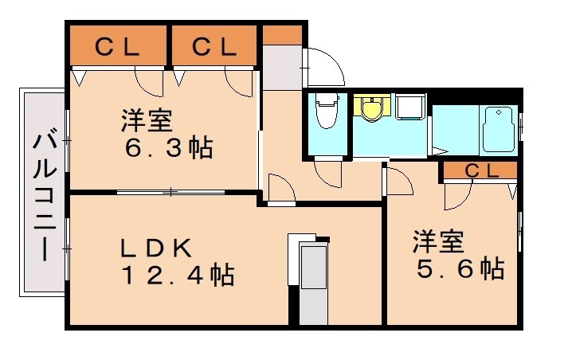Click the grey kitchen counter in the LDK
click(312, 283)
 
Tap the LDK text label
click(155, 248)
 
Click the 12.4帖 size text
click(177, 276)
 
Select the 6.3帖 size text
click(168, 148)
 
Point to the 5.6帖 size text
click(461, 269)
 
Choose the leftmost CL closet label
click(117, 47)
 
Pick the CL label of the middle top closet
click(214, 47)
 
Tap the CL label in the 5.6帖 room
click(480, 170)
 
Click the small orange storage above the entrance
click(282, 36)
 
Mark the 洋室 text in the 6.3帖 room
click(147, 122)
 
